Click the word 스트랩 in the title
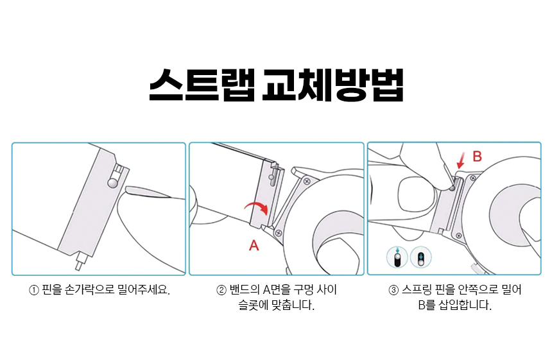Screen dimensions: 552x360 [202, 85]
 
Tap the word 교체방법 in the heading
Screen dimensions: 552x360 [332, 85]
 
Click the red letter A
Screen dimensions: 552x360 [254, 245]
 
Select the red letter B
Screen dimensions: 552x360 [477, 156]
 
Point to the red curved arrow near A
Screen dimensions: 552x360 [257, 207]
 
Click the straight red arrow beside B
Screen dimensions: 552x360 [460, 160]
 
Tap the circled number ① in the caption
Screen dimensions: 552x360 [34, 290]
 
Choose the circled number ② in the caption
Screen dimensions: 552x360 [221, 290]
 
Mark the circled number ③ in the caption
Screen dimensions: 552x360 [393, 290]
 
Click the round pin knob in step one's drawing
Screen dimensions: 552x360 [113, 183]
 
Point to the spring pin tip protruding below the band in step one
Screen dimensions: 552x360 [79, 263]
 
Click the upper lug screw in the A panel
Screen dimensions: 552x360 [307, 182]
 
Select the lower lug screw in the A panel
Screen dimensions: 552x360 [279, 233]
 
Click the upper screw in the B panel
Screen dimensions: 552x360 [473, 178]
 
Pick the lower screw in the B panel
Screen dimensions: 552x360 [458, 236]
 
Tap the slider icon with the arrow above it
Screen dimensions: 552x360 [397, 257]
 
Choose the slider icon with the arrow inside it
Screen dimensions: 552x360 [421, 257]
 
